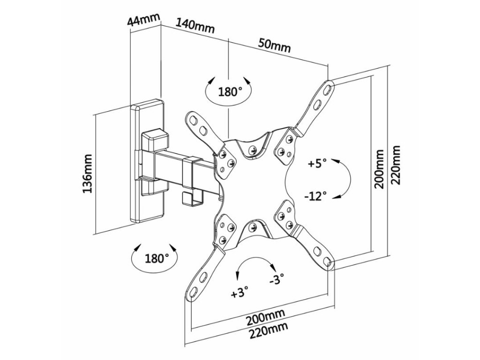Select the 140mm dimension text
195,26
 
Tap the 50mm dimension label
274,46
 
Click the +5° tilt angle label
317,165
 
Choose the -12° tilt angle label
315,196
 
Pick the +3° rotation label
240,294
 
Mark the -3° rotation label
277,281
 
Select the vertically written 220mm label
397,164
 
